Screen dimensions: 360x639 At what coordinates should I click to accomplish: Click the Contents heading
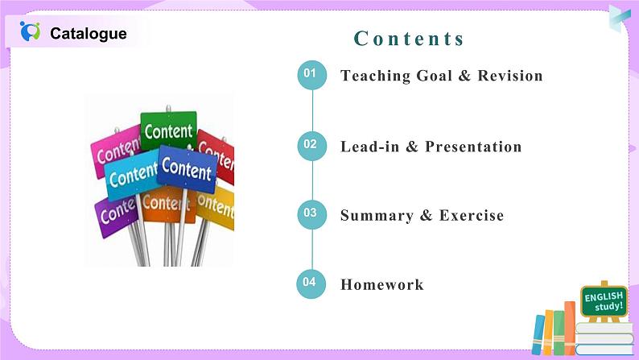click(x=410, y=39)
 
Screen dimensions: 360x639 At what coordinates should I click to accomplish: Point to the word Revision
click(x=510, y=77)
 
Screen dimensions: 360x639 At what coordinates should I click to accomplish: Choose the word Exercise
click(x=472, y=216)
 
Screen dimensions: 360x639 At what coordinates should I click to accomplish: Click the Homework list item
click(x=381, y=285)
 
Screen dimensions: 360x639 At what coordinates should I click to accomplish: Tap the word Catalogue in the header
click(x=88, y=34)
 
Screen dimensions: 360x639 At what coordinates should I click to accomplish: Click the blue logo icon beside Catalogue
click(x=30, y=32)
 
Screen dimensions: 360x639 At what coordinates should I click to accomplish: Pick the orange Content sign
click(x=167, y=203)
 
